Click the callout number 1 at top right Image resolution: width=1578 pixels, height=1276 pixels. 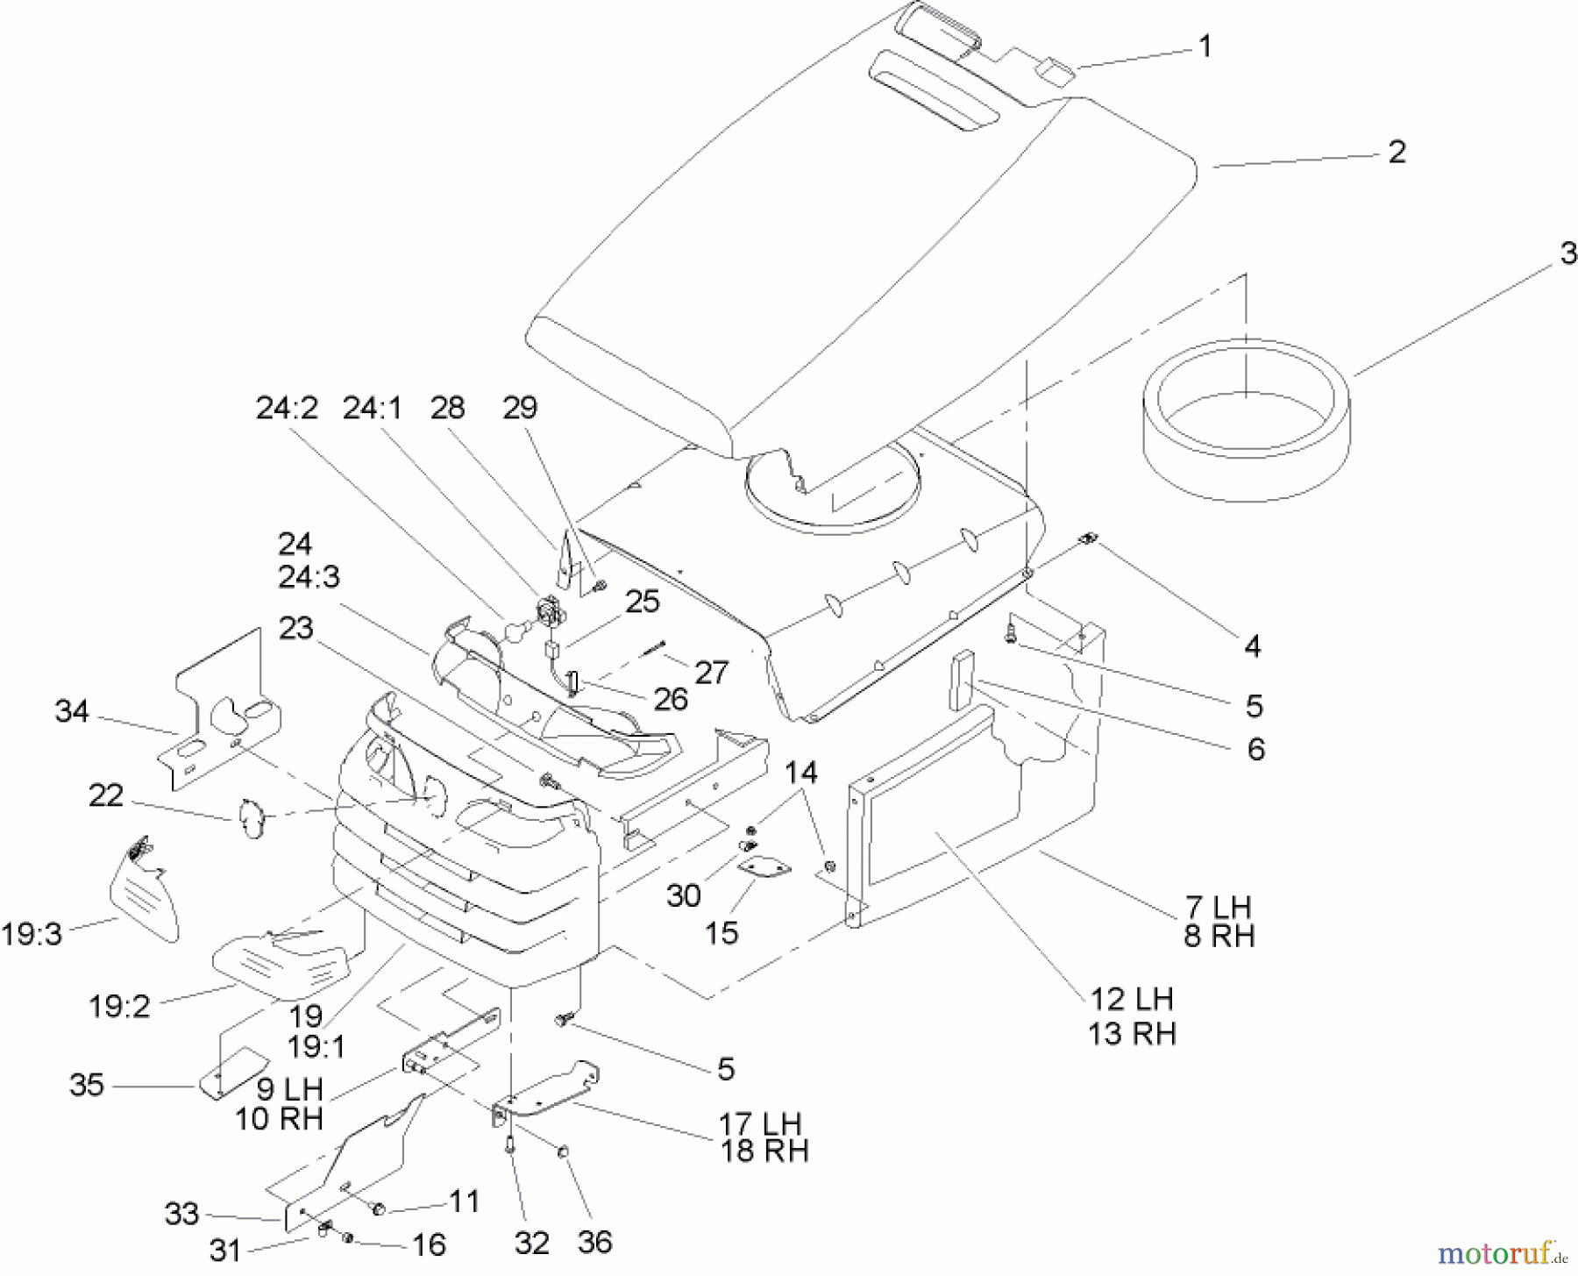[1205, 46]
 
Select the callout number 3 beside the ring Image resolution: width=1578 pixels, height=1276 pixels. [1567, 253]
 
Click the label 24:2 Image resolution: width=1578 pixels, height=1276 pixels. [286, 409]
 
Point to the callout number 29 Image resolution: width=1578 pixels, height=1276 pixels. [520, 409]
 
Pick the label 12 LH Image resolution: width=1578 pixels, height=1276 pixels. [1131, 999]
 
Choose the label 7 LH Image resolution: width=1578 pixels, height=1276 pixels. [1219, 906]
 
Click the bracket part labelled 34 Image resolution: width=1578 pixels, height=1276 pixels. [224, 710]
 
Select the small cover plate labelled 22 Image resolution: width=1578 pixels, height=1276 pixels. [251, 818]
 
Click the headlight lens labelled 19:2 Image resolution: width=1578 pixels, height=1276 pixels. [281, 965]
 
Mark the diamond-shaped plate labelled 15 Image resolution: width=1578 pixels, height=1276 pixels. [764, 867]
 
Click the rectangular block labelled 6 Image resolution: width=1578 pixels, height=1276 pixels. [961, 680]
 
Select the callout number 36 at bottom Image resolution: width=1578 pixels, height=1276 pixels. [594, 1242]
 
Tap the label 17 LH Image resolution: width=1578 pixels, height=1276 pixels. [760, 1123]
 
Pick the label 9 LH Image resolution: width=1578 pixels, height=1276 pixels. [289, 1090]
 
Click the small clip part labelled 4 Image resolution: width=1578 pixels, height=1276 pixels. [1090, 539]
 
